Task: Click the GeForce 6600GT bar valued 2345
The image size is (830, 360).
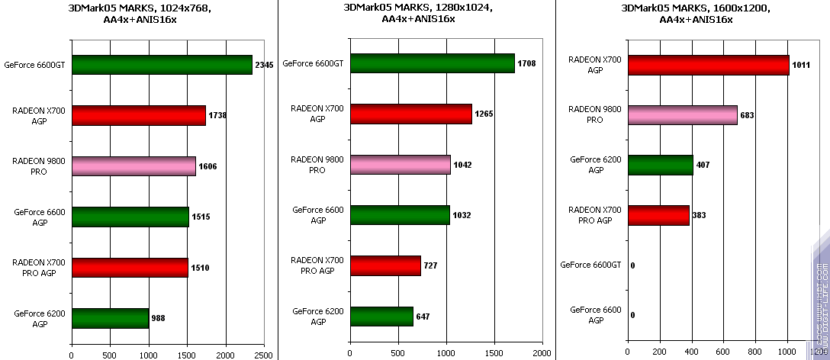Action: coord(162,65)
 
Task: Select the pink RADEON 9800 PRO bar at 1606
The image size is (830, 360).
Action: coord(134,166)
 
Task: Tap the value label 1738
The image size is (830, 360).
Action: coord(217,115)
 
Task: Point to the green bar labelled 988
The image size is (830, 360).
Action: coord(110,318)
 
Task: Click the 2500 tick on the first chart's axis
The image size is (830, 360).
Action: coord(264,355)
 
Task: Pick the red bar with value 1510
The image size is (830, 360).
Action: coord(130,267)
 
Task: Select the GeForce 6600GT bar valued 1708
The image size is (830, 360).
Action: coord(432,63)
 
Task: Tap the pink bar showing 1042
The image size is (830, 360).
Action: coord(400,165)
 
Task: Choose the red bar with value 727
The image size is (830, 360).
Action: coord(385,265)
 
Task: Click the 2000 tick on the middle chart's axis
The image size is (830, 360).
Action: coord(542,355)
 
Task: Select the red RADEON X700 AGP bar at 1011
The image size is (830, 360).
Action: coord(708,65)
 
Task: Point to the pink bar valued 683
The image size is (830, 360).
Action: coord(682,114)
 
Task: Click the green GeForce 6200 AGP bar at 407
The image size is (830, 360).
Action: coord(660,165)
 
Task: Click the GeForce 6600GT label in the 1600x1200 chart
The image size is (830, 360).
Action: coord(590,265)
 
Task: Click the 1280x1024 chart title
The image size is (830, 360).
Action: coord(418,14)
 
